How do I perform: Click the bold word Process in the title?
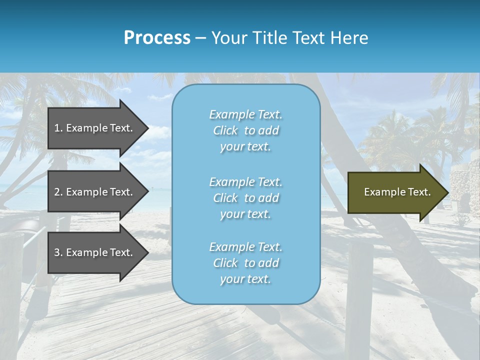[157, 38]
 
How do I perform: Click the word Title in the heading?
[268, 38]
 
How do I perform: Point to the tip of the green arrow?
[447, 192]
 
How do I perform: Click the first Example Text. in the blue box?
[245, 114]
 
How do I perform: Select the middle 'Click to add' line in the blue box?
[245, 198]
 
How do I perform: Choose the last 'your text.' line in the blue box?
[245, 279]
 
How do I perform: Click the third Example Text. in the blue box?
[245, 247]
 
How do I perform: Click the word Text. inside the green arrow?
[419, 192]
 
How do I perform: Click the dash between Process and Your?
[200, 38]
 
